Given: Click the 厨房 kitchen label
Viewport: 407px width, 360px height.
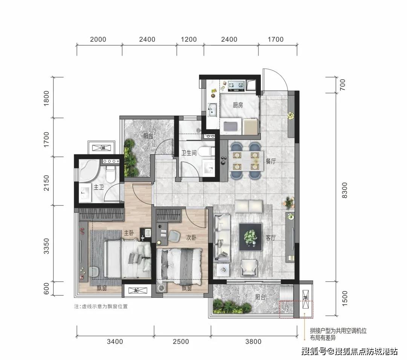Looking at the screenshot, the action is click(238, 105).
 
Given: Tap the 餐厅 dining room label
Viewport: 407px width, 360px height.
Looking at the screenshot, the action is click(271, 161).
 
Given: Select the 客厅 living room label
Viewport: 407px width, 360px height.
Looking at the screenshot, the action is click(271, 237).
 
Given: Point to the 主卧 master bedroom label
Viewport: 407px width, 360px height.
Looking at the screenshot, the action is click(129, 233).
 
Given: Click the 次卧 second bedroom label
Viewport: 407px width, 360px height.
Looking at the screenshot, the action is click(191, 237).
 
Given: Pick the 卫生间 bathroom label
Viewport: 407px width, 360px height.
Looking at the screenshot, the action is click(189, 153).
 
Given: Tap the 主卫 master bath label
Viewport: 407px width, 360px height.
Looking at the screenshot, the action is click(99, 187).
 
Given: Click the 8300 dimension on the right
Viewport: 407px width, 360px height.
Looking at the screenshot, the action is click(344, 190).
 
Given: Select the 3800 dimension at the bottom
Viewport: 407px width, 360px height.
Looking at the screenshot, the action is click(253, 341).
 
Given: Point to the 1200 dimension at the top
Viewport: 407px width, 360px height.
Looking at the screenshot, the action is click(189, 40).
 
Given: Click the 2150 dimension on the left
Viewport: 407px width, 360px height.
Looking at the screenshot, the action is click(46, 183).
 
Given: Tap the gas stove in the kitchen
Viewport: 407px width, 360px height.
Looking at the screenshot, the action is click(236, 86).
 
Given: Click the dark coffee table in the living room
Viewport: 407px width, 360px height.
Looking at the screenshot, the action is click(251, 237).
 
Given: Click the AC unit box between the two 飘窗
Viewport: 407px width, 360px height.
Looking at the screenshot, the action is click(136, 291).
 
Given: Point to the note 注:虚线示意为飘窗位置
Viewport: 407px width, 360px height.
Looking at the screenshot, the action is click(101, 306).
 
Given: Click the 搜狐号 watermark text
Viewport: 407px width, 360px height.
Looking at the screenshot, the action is click(314, 352).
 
